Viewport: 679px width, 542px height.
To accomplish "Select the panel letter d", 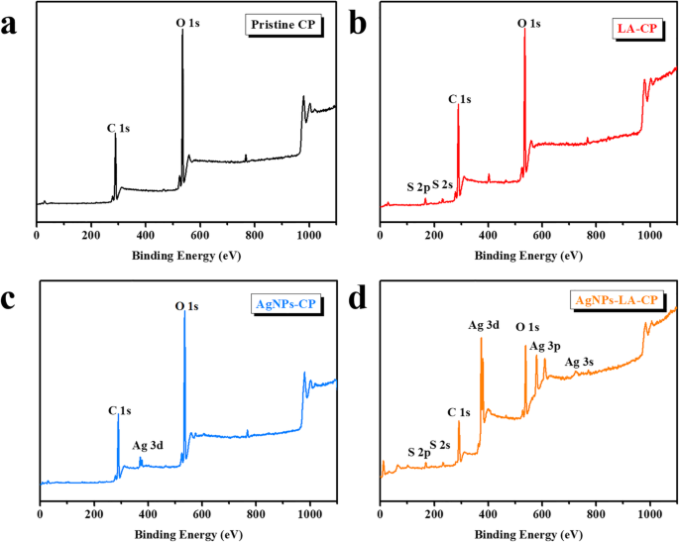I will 357,294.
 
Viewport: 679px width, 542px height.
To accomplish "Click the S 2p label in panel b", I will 418,187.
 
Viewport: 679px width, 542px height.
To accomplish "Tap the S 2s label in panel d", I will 440,445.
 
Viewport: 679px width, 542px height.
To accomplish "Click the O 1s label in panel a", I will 188,21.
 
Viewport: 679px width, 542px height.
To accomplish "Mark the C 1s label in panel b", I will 460,99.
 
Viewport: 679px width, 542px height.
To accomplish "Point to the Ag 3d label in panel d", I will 484,325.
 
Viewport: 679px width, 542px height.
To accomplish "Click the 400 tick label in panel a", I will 145,236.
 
